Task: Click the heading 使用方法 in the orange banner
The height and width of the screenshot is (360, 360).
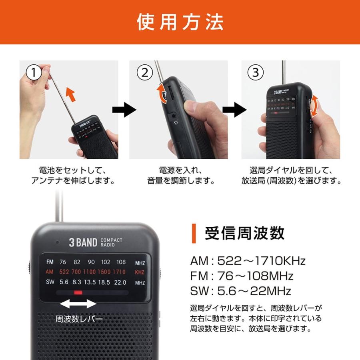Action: click(x=180, y=22)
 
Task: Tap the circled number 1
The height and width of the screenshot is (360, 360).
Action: click(x=34, y=72)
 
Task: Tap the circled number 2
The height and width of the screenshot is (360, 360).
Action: click(x=145, y=72)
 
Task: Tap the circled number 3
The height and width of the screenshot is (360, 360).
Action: click(x=256, y=72)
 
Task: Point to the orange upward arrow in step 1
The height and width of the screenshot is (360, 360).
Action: click(x=70, y=94)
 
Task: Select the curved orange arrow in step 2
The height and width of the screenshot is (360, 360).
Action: click(x=162, y=93)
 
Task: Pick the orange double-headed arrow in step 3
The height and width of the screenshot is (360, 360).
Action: click(x=315, y=106)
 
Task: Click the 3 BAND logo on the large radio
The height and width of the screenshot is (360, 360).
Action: click(x=83, y=242)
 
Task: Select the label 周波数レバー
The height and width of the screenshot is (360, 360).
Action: click(x=79, y=319)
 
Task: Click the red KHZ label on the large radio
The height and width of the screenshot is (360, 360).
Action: click(x=140, y=272)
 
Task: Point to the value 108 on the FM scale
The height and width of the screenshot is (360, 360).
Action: click(x=121, y=262)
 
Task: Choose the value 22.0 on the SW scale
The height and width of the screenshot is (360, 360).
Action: click(x=120, y=282)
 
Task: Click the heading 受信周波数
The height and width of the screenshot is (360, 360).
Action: click(x=244, y=233)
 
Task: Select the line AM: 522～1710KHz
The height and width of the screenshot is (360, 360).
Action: click(x=248, y=261)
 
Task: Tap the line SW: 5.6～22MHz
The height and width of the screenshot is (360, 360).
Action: click(x=240, y=290)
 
